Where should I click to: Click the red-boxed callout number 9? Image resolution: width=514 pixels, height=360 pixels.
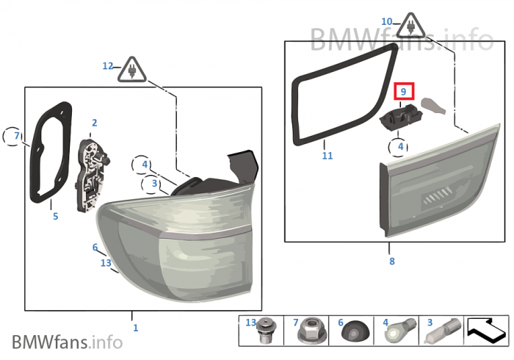coord(404,92)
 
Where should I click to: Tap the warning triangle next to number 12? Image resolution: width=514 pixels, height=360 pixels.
coord(132,71)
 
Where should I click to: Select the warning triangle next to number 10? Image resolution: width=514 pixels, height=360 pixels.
coord(410,26)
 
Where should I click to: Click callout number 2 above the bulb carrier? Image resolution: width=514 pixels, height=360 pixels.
coord(95,123)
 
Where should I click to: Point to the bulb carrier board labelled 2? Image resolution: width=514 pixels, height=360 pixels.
coord(93,176)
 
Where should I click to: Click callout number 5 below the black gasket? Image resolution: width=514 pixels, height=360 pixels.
coord(55,217)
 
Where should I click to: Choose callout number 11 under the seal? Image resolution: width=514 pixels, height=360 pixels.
coord(327,156)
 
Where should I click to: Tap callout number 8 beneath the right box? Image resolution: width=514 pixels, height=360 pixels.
coord(392,262)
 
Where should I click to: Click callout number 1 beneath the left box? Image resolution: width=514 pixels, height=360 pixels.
coord(135,328)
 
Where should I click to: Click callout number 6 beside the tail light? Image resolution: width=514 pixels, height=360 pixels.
coord(95,247)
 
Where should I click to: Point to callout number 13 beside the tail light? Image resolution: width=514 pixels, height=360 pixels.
coord(106,263)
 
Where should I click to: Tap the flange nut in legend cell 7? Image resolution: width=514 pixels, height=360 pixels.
coord(312,331)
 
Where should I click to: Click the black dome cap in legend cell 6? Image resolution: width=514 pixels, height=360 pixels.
coord(355,331)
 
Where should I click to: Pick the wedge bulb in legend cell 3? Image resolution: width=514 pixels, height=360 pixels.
coord(443,331)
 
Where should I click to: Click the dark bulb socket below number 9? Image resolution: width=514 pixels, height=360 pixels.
coord(401,117)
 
